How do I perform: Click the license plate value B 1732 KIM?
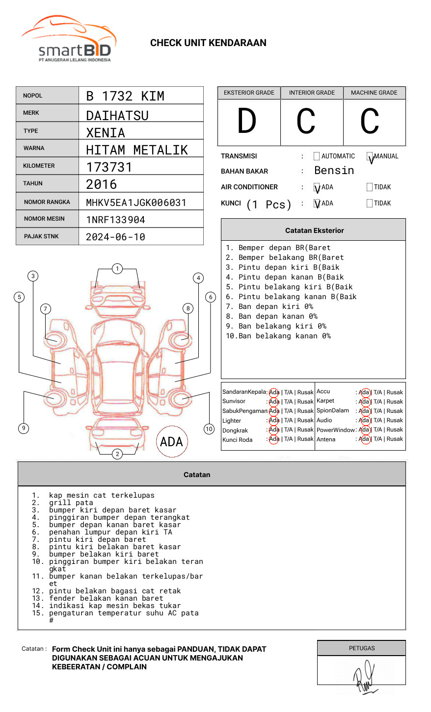pos(125,96)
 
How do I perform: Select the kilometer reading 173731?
pos(109,167)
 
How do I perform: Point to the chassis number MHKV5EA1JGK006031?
pos(136,203)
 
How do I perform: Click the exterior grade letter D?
pos(247,121)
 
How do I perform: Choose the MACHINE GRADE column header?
pos(374,93)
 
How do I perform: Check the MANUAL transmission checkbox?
pos(370,156)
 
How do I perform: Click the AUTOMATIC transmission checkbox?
pos(317,156)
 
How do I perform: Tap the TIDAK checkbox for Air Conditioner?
pos(370,187)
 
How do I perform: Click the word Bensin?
pos(334,171)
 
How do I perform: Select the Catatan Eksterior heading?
pos(314,230)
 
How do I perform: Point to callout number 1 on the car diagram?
pos(117,269)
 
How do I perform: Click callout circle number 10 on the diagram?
pos(209,429)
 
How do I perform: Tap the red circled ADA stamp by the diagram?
pos(171,442)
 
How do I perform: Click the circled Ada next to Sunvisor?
pos(274,402)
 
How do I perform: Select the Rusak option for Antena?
pos(395,439)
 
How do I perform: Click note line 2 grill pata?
pos(71,503)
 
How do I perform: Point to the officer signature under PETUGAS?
pos(364,677)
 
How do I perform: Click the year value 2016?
pos(102,184)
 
